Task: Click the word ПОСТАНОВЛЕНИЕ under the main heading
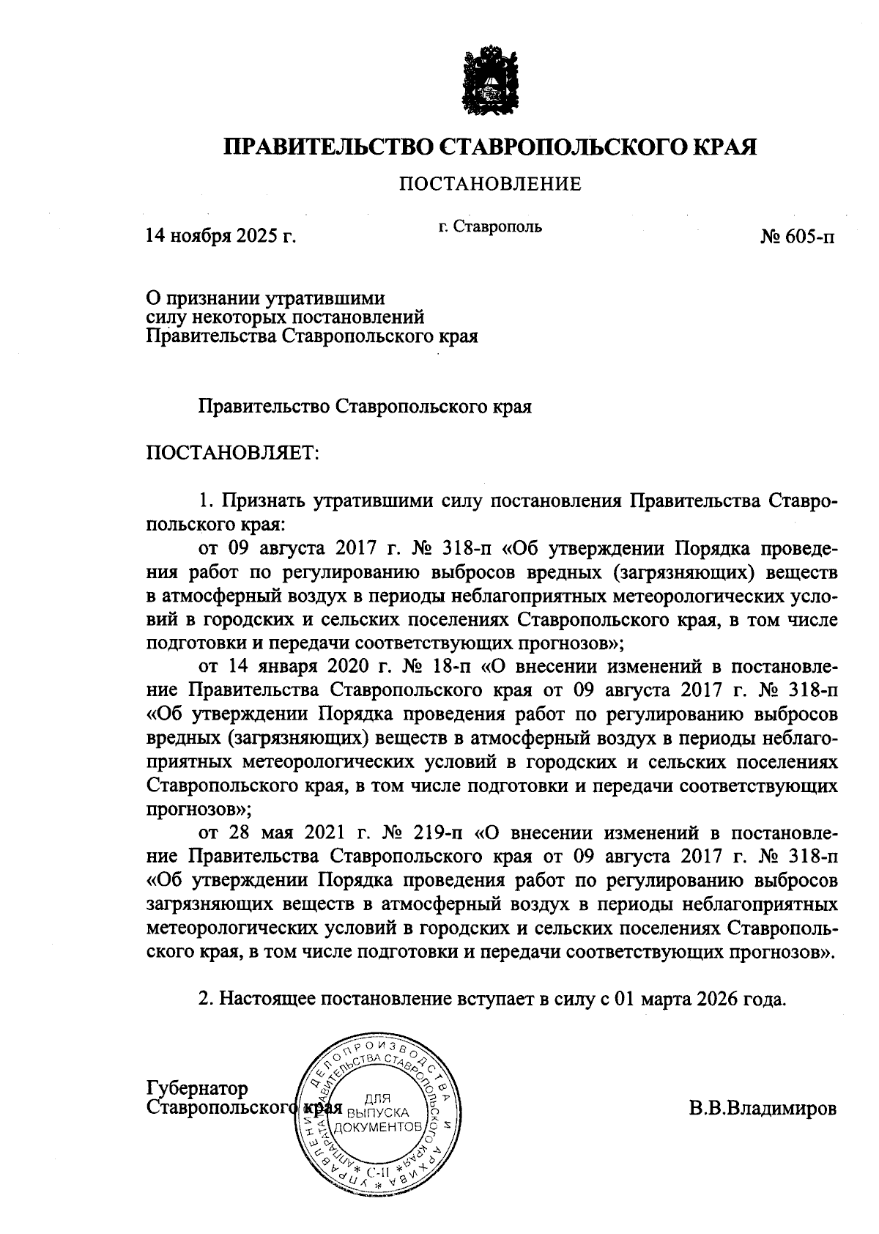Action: [490, 184]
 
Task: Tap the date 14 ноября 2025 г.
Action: [221, 236]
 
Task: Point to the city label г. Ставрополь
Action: [490, 226]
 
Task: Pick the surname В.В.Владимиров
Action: [762, 1109]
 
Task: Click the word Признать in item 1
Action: [264, 501]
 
